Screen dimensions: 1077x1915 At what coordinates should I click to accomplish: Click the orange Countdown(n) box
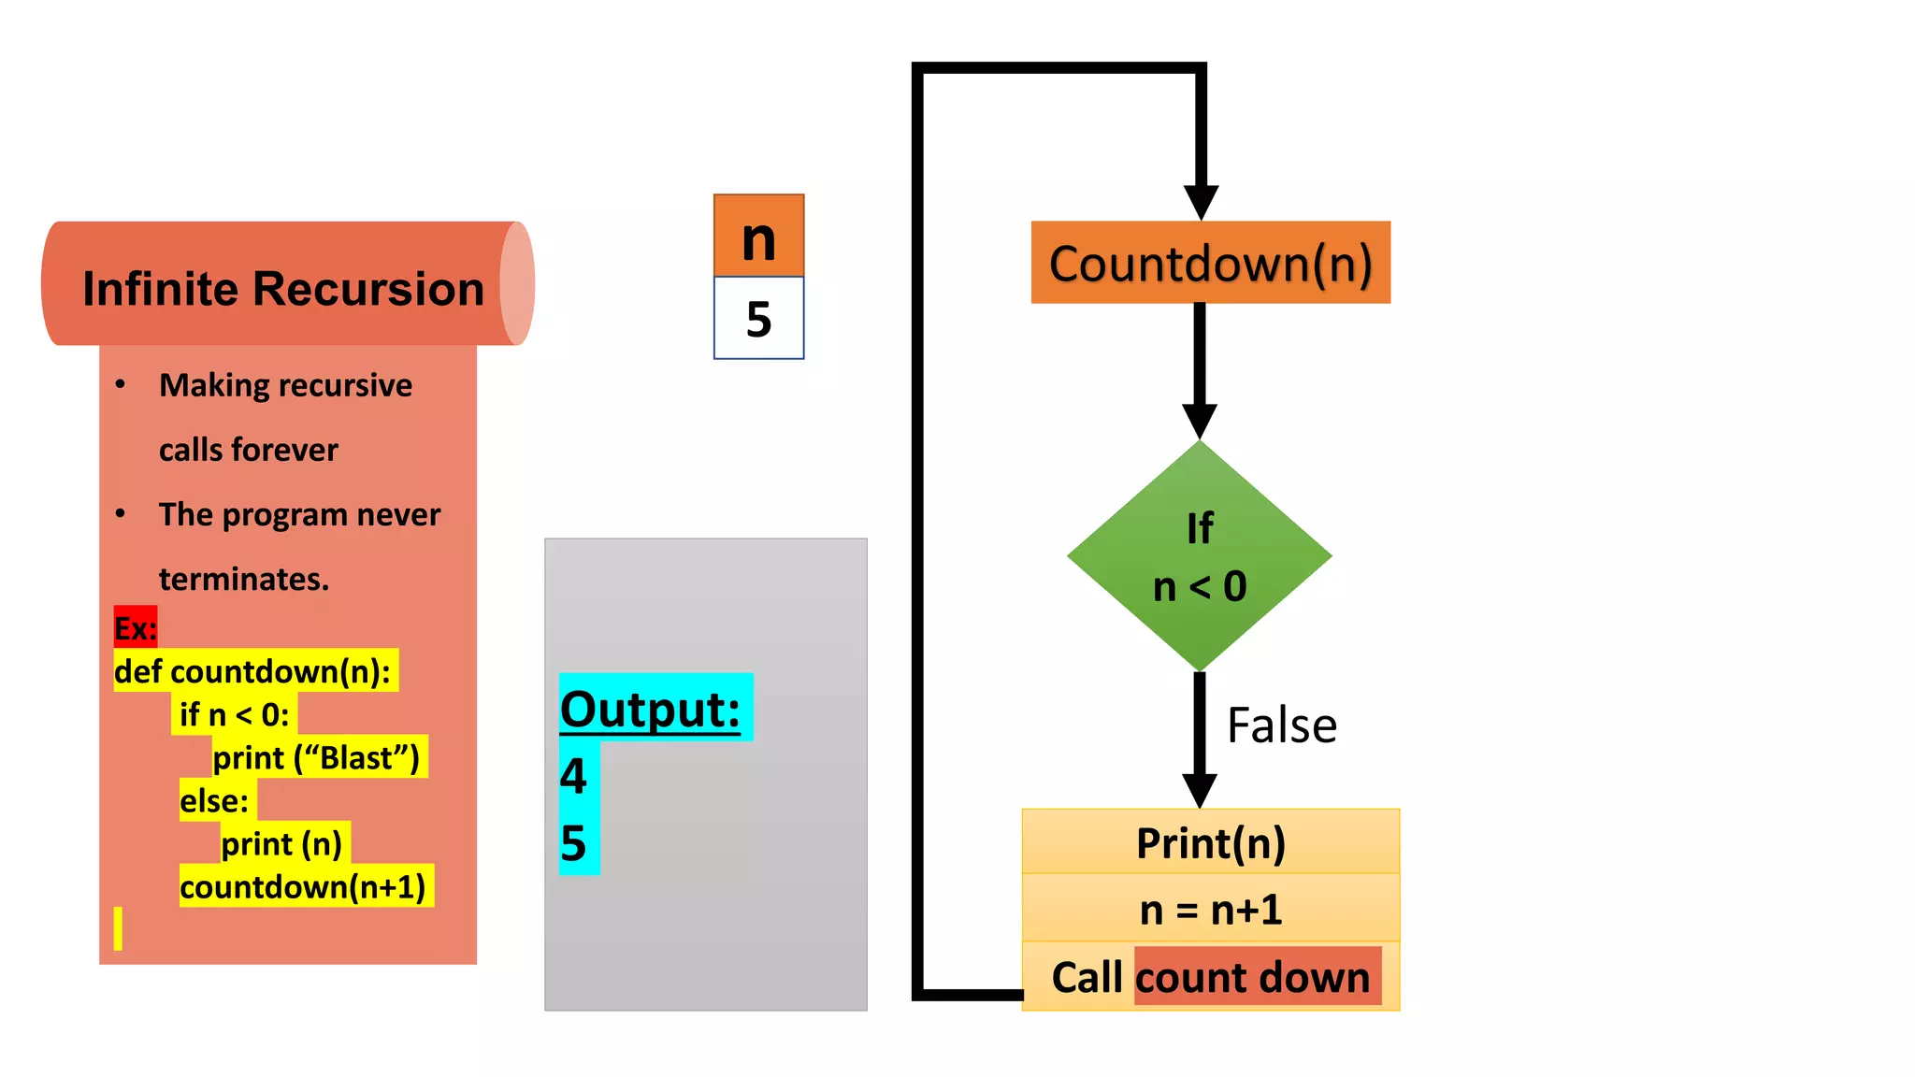click(1210, 263)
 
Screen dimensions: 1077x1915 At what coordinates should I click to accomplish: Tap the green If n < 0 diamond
click(1200, 557)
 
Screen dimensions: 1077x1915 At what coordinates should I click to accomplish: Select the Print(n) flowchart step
click(1210, 842)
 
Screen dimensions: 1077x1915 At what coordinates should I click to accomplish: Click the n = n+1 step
click(1210, 909)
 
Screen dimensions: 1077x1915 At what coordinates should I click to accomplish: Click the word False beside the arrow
click(1281, 725)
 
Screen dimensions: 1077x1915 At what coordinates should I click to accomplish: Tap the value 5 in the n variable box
click(758, 319)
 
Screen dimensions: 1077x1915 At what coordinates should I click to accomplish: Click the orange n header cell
click(758, 237)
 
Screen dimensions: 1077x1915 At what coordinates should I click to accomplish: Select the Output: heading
click(651, 709)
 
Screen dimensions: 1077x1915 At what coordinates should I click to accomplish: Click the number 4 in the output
click(573, 775)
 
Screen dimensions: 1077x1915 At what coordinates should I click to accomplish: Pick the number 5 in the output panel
click(573, 843)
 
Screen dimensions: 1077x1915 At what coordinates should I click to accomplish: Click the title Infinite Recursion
click(283, 288)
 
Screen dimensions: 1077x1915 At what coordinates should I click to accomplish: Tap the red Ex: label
click(135, 627)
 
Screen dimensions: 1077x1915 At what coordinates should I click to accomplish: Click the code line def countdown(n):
click(252, 671)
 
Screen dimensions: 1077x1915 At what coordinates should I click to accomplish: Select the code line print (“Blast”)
click(316, 757)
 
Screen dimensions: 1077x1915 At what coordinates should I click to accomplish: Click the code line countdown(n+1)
click(302, 886)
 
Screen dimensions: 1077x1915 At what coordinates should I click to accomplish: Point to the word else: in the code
click(214, 800)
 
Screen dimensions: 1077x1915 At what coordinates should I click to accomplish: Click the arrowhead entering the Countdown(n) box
click(1201, 202)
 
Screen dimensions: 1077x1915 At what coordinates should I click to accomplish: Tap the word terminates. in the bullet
click(244, 579)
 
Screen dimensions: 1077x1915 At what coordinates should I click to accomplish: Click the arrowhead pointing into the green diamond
click(1200, 421)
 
